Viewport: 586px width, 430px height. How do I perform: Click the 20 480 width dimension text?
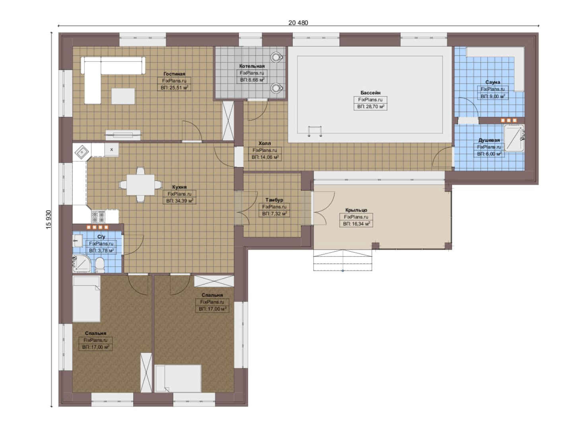[x=298, y=23]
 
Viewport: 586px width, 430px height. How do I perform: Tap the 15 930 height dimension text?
[x=49, y=220]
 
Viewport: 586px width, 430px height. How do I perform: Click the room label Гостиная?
[x=174, y=74]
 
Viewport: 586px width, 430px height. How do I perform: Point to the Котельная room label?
[x=252, y=66]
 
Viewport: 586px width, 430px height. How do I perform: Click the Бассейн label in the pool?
[x=371, y=93]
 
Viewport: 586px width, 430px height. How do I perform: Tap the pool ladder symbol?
[x=315, y=131]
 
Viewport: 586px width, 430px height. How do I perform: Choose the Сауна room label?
[x=493, y=82]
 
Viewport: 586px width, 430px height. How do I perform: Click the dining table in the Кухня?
[x=140, y=185]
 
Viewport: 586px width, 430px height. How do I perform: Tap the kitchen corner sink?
[x=82, y=152]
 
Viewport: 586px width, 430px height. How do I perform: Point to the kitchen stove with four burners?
[x=98, y=217]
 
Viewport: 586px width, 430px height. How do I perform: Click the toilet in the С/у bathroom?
[x=100, y=265]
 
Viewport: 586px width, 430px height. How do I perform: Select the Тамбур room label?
[x=274, y=200]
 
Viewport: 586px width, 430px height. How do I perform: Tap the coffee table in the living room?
[x=123, y=96]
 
